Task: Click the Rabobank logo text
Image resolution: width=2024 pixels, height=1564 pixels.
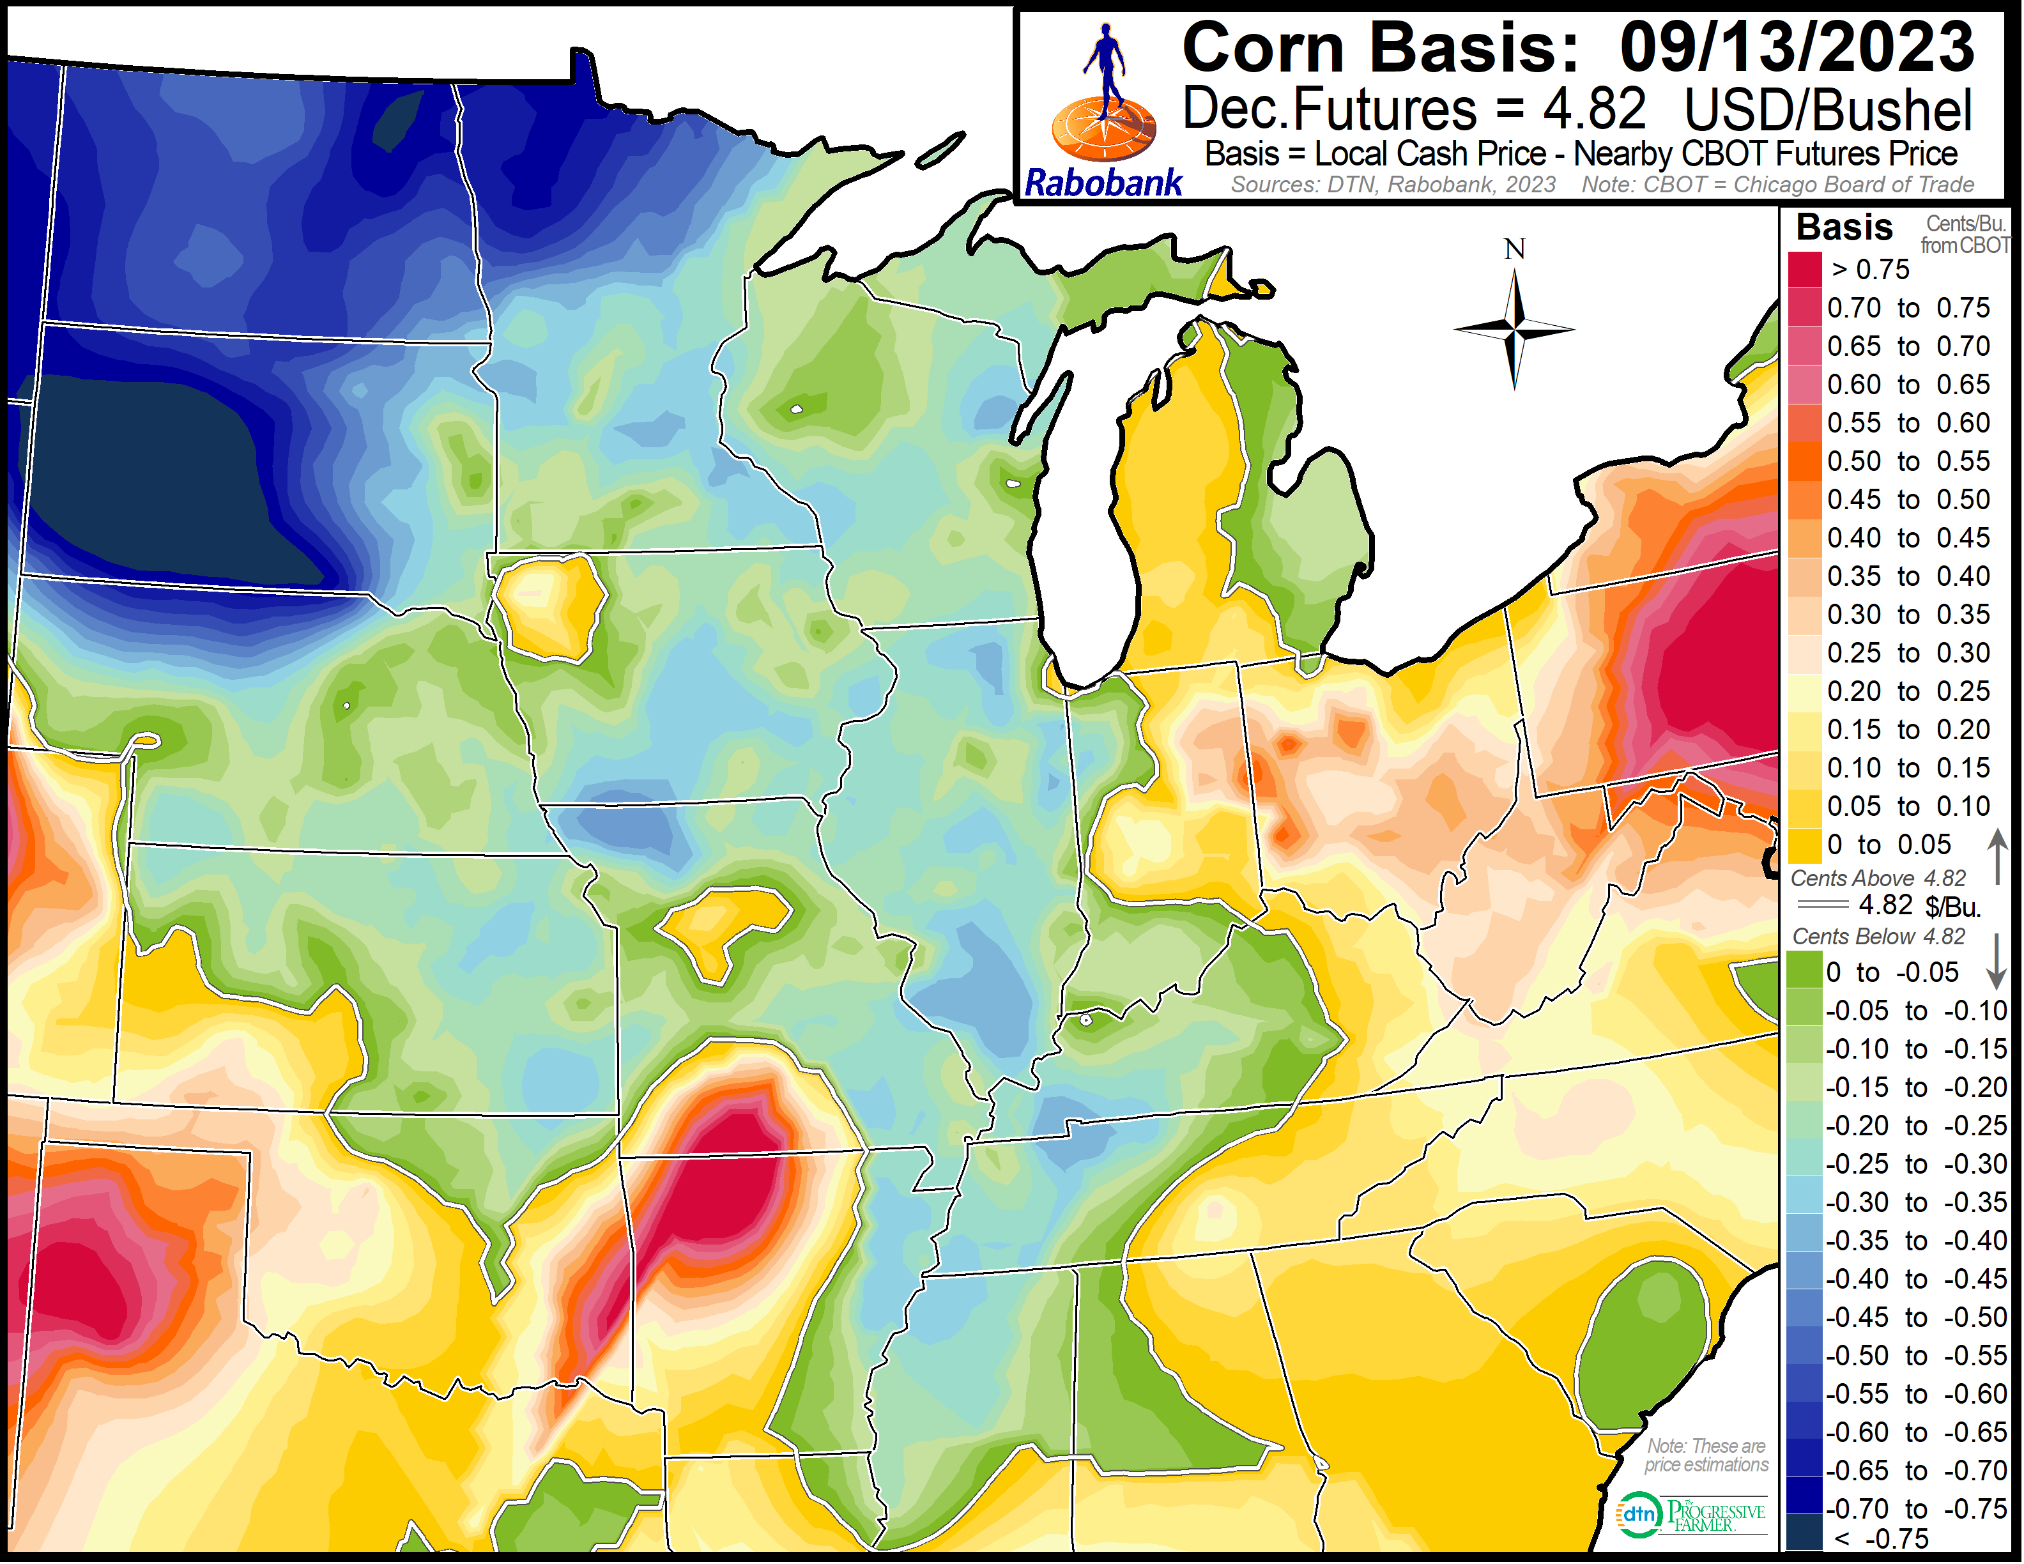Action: tap(1103, 183)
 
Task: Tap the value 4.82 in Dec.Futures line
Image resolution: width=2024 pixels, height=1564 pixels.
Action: tap(1594, 109)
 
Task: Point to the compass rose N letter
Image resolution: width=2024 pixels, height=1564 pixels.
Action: tap(1514, 249)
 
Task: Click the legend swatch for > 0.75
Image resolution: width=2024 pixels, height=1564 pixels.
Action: tap(1805, 270)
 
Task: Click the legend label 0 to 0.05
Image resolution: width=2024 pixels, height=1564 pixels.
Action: tap(1889, 845)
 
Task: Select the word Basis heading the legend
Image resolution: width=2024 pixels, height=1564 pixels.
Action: tap(1844, 227)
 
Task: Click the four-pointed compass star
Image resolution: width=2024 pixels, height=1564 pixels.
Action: tap(1514, 329)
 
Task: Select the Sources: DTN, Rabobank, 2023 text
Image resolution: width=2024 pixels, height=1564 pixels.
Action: tap(1393, 185)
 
